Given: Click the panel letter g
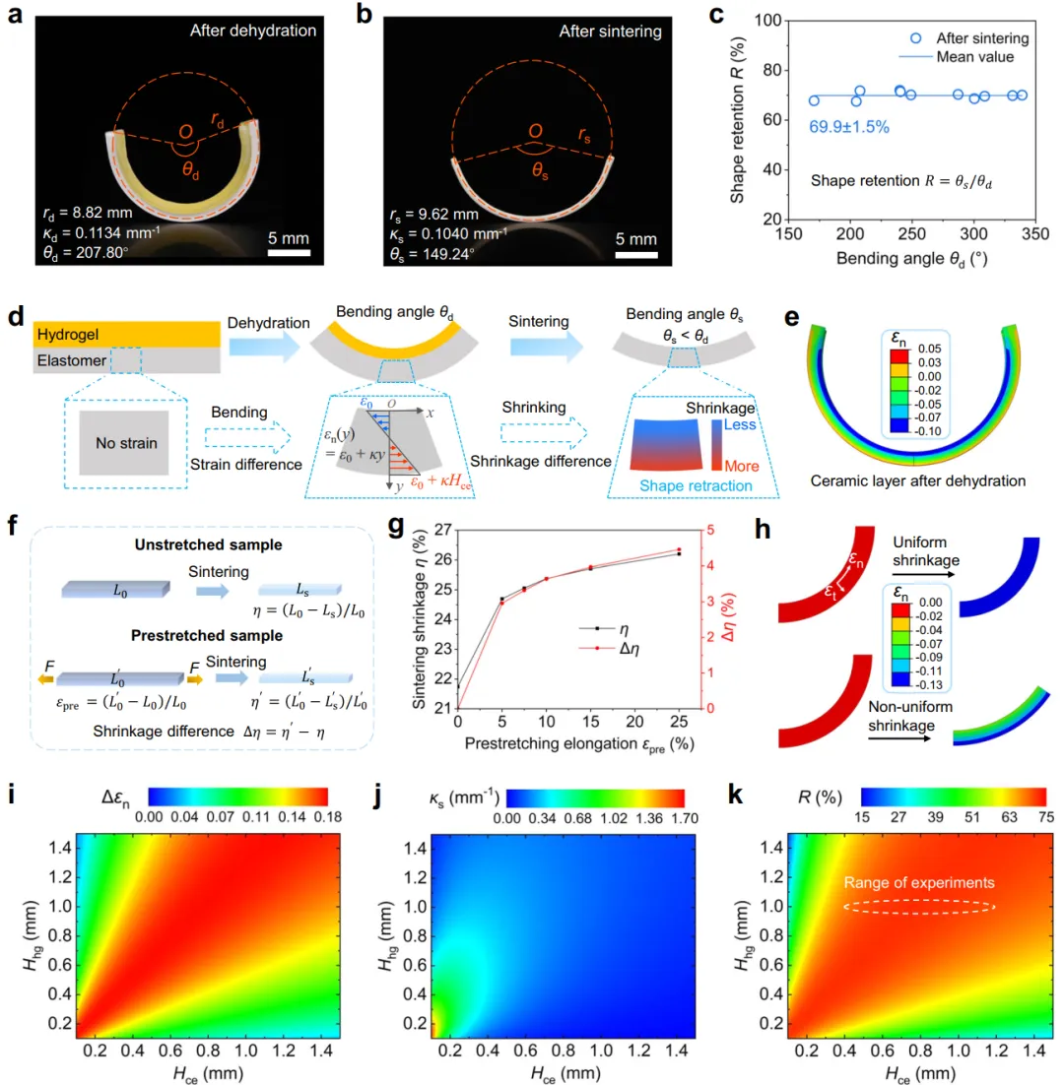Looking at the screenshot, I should [x=397, y=528].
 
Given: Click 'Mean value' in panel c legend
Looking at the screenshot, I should [x=980, y=57].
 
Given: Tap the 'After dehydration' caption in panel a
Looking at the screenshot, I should [x=255, y=31].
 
